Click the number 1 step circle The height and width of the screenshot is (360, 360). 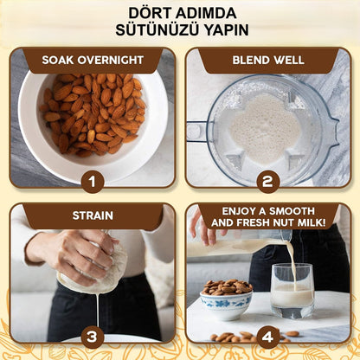click(x=93, y=181)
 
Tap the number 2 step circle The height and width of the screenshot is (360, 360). click(x=267, y=181)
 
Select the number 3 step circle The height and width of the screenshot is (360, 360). click(x=93, y=336)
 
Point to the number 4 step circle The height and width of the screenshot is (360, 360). click(x=267, y=336)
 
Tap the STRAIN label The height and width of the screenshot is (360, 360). click(x=93, y=215)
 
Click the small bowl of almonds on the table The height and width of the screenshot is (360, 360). click(x=226, y=299)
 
